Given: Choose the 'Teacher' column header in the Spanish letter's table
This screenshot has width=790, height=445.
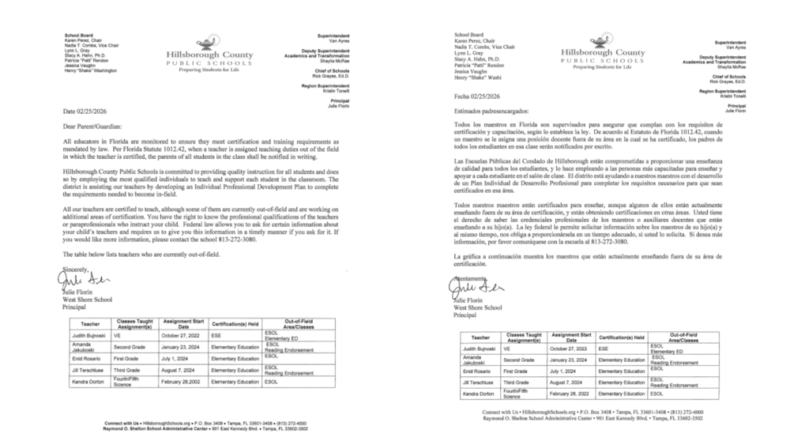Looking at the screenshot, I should coord(485,337).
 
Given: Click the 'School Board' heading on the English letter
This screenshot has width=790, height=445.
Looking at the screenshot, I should coord(68,34).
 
